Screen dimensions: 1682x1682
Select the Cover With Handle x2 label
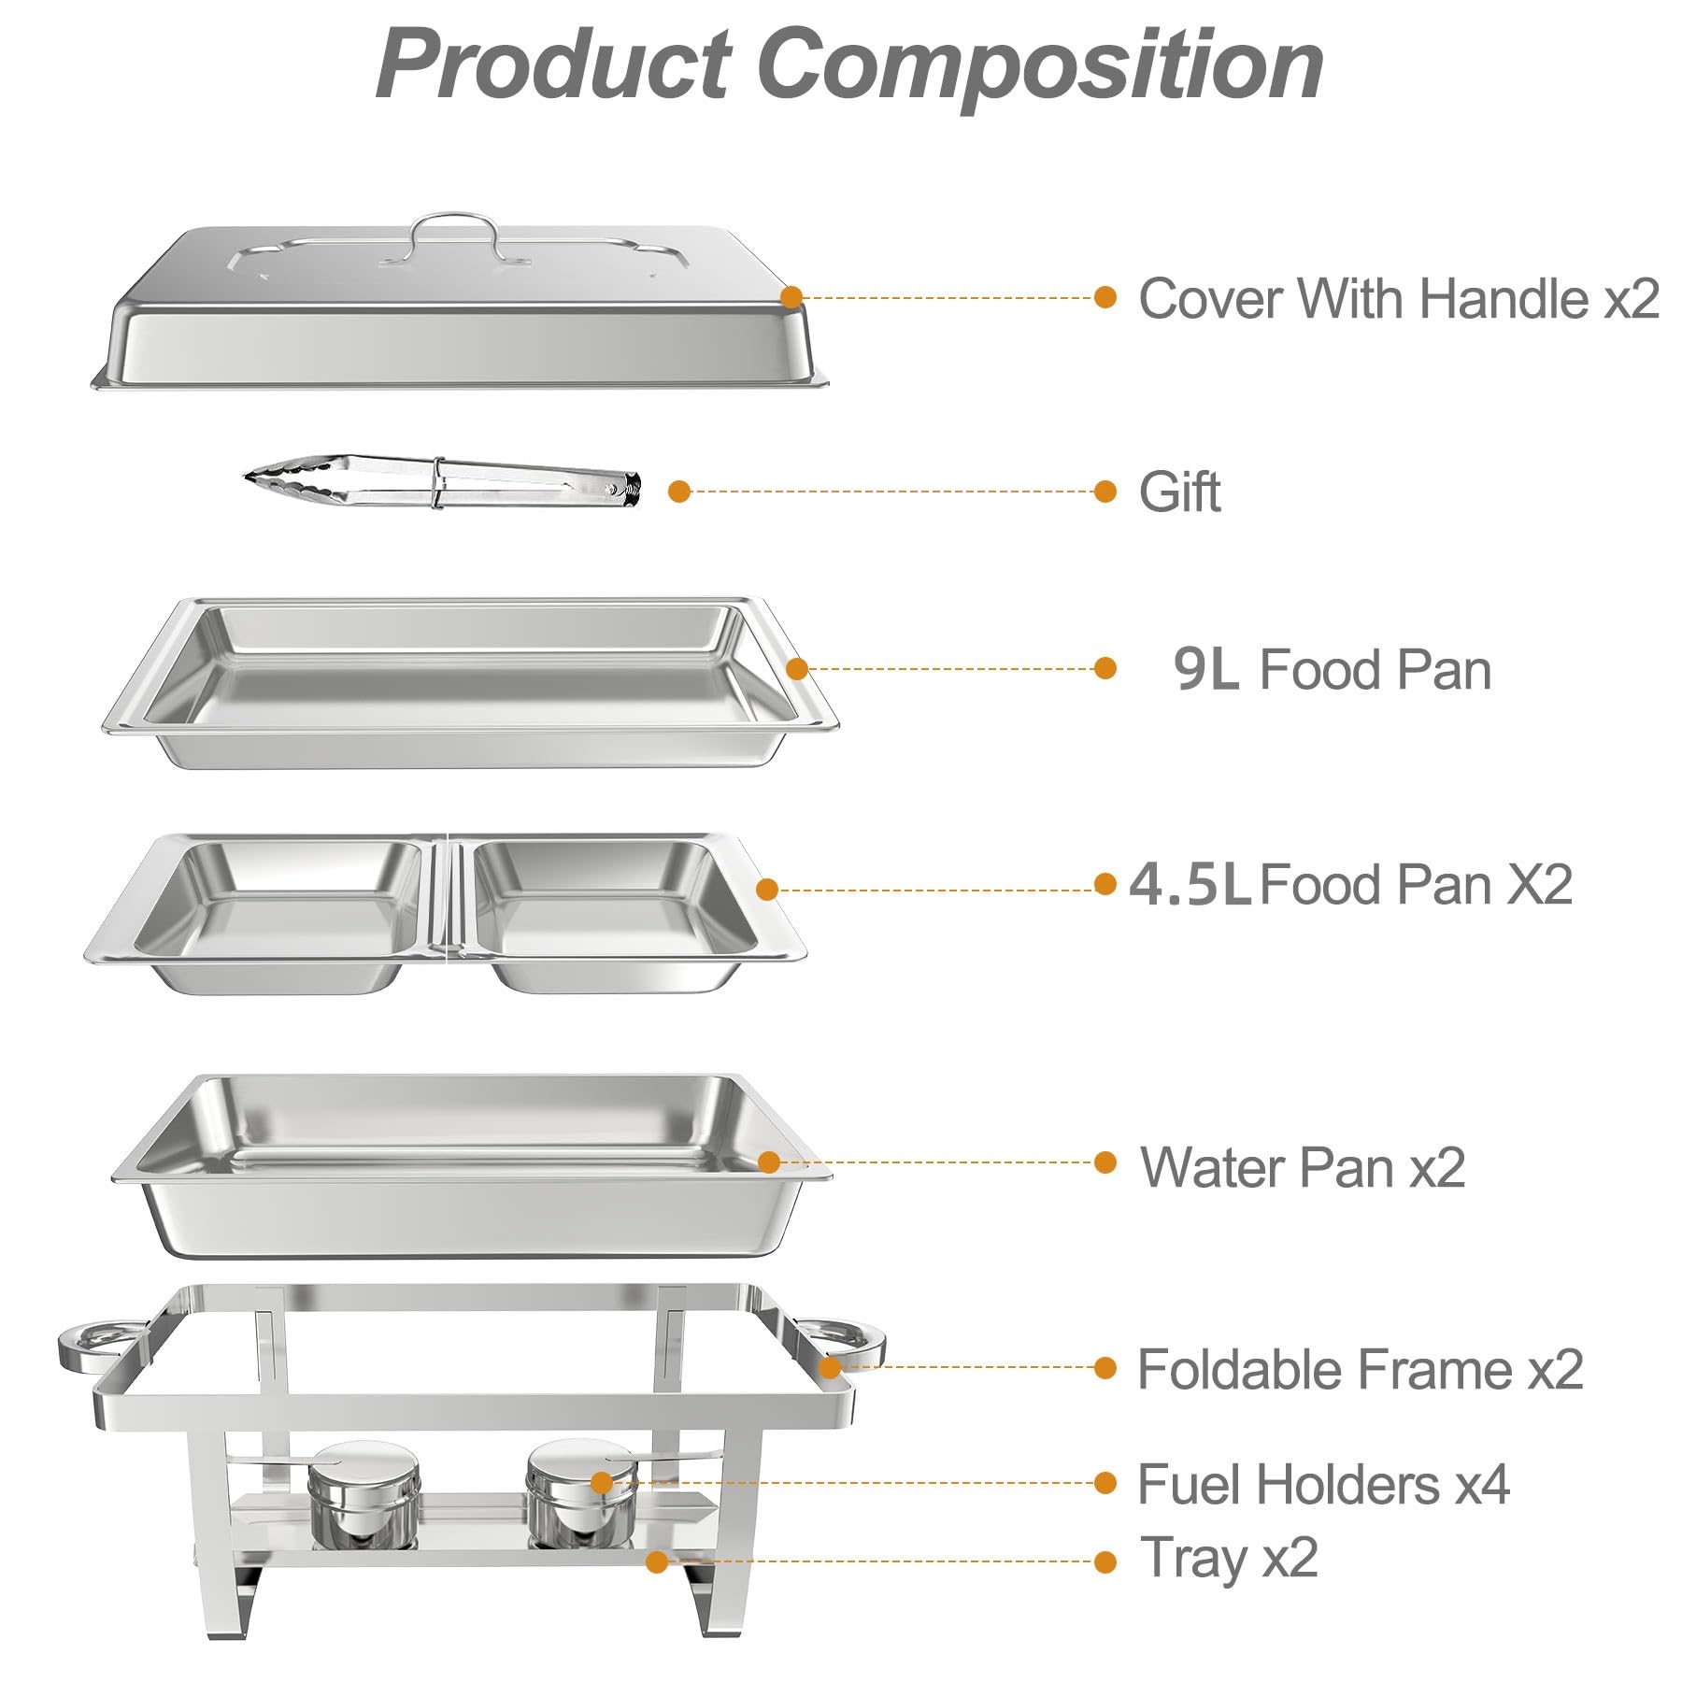tap(1398, 299)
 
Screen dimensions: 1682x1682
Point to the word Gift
tap(1179, 492)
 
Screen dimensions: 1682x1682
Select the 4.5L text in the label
tap(1189, 884)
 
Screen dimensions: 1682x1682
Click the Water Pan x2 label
tap(1302, 1167)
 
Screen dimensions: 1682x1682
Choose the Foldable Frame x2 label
tap(1360, 1369)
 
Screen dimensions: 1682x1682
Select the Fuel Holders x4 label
tap(1322, 1484)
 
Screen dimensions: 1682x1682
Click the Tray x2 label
tap(1229, 1558)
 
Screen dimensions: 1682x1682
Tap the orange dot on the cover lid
tap(791, 297)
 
